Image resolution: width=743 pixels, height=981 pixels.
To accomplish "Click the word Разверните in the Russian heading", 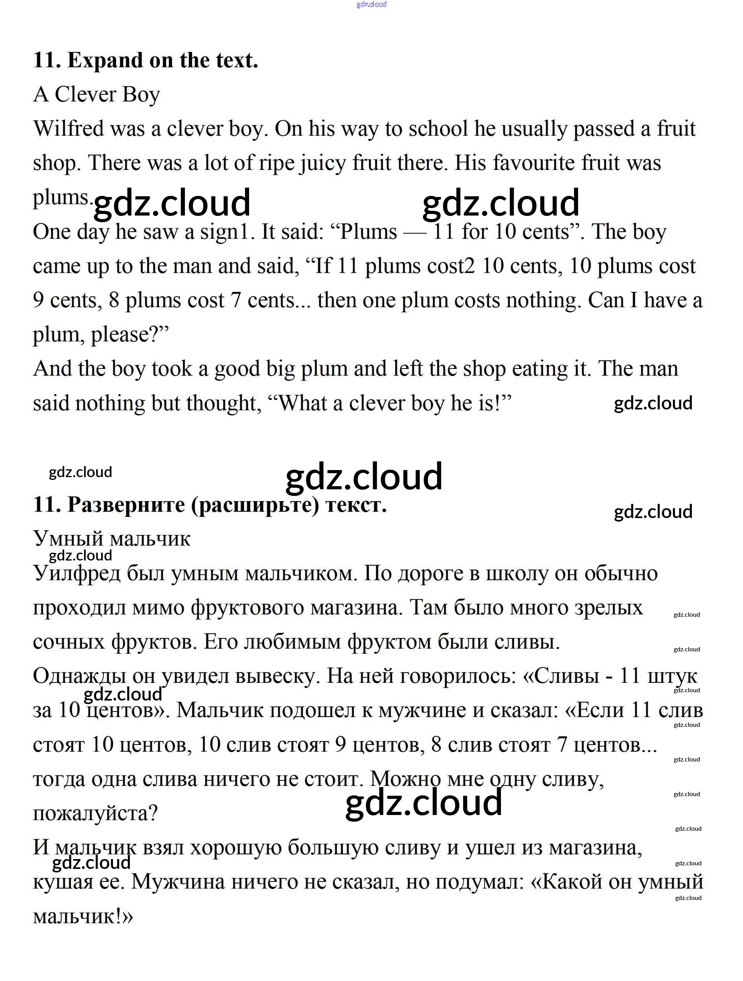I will (126, 505).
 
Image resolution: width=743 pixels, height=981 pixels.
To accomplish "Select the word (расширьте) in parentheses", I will (255, 505).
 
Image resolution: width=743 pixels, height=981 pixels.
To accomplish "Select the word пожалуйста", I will (95, 814).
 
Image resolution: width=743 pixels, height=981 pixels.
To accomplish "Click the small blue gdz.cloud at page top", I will (371, 4).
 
